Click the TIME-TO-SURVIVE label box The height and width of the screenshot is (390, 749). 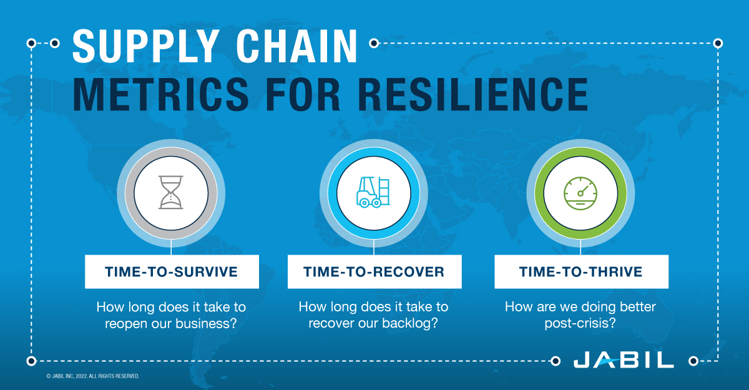coord(172,271)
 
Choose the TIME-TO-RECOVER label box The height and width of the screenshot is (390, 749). coord(374,271)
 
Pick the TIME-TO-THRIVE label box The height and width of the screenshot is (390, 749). coord(581,271)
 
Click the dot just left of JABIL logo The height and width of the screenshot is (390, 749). coord(556,361)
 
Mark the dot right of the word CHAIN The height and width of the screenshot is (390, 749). coord(374,43)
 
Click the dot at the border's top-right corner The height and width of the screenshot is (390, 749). coord(718,43)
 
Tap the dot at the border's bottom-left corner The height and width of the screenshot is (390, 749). coord(31,361)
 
